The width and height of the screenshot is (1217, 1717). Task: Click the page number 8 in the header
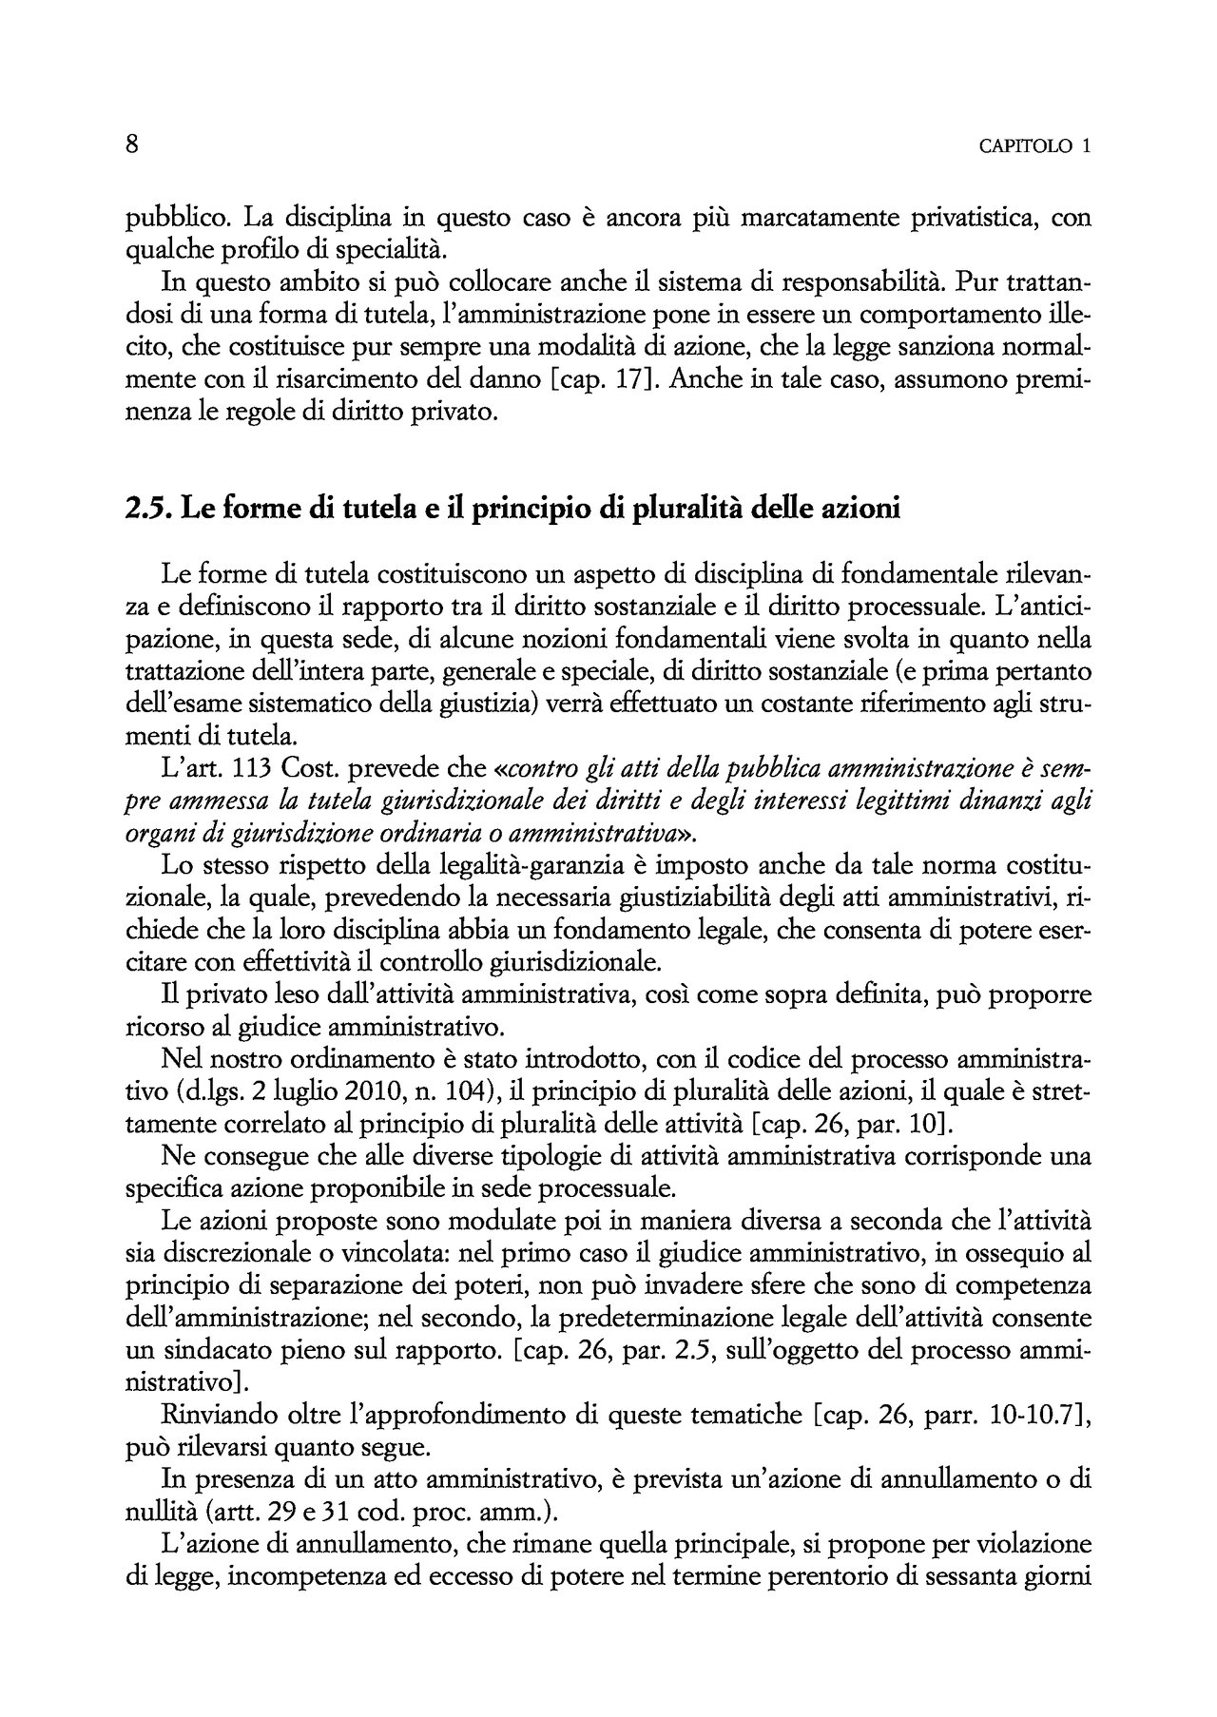132,145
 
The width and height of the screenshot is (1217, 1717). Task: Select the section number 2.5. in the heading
147,510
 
